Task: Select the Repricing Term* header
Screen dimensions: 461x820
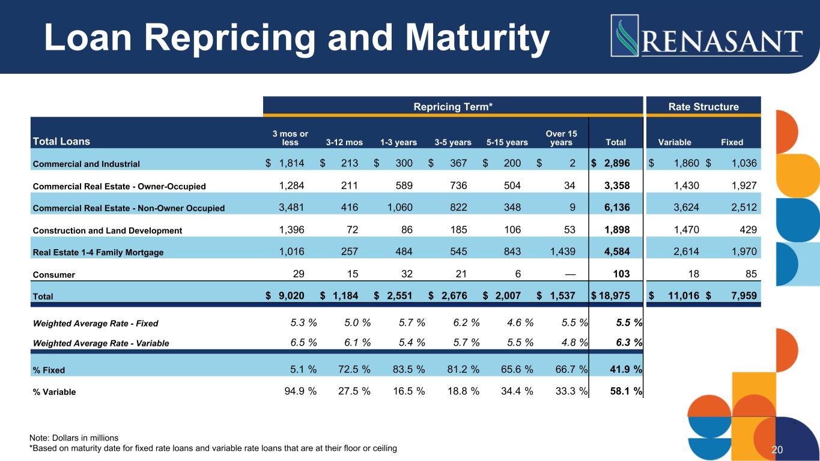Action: (453, 107)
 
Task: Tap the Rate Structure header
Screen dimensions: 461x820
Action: (703, 107)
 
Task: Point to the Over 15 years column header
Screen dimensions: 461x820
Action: (562, 138)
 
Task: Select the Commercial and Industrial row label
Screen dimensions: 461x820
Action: (87, 164)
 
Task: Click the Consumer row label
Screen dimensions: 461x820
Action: (54, 274)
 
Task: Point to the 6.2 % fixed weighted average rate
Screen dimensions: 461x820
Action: (466, 323)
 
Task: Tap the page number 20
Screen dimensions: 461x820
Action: (777, 450)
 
